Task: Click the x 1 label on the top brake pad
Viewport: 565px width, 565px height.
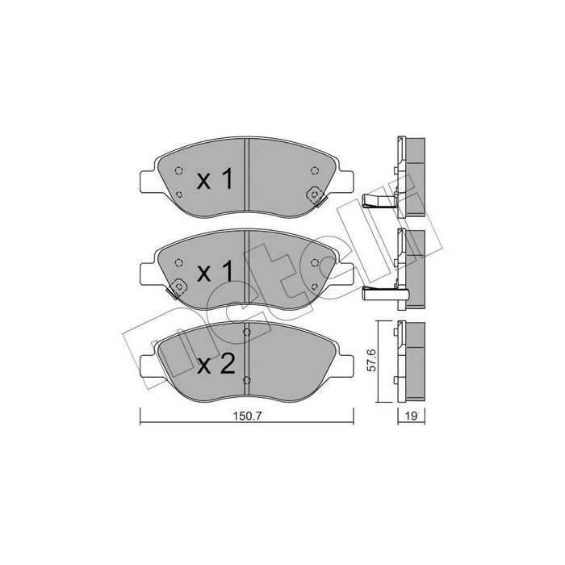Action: tap(215, 180)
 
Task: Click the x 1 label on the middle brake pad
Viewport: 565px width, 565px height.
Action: tap(215, 272)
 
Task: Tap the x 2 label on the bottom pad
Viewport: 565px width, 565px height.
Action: tap(215, 365)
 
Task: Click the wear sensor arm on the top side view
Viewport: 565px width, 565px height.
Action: tap(379, 202)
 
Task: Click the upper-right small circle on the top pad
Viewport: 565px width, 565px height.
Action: tap(314, 169)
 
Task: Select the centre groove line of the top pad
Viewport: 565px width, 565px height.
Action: tap(247, 174)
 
